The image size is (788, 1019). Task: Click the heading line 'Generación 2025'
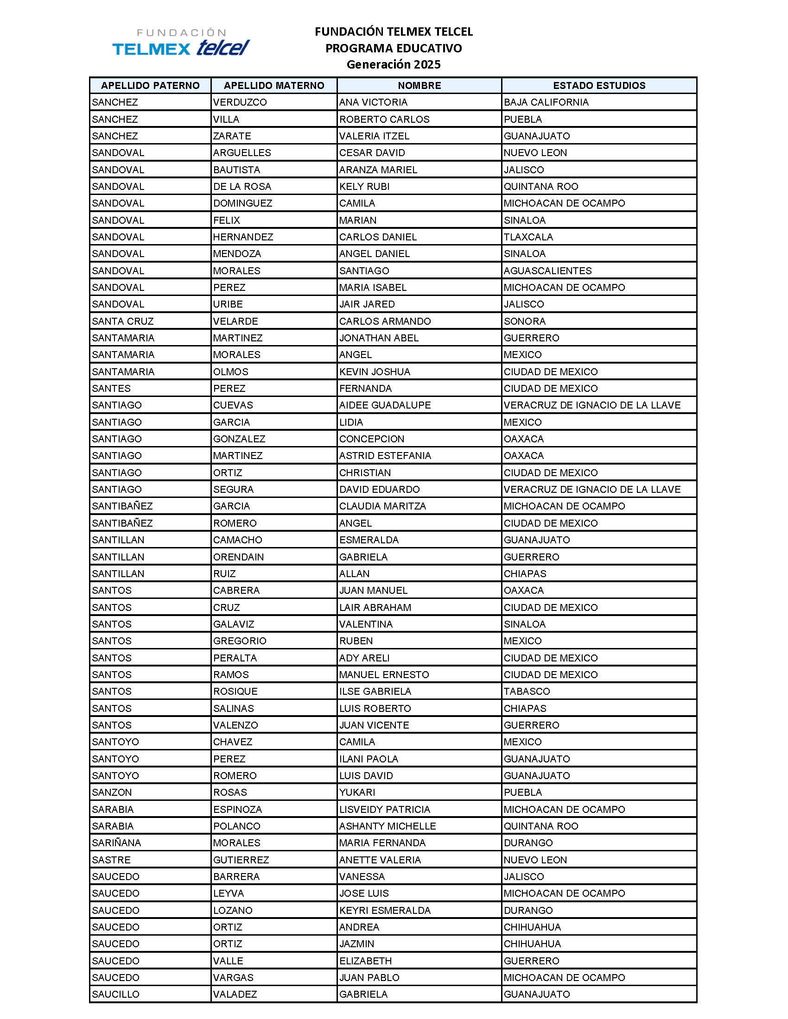(394, 64)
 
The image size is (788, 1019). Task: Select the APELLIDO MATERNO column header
(274, 85)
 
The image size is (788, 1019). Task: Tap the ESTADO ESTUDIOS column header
(599, 85)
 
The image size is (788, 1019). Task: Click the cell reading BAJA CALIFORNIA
(546, 102)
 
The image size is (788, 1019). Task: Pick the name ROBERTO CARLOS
(384, 119)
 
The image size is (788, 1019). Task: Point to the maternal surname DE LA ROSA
(242, 187)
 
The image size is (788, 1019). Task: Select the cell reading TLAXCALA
(528, 237)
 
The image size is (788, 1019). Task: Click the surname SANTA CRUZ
(123, 321)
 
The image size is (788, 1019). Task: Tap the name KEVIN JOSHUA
(375, 372)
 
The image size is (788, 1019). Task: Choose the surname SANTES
(111, 389)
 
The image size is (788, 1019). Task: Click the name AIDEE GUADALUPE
(385, 405)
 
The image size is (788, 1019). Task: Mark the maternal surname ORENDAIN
(239, 557)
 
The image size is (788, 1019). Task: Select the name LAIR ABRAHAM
(375, 608)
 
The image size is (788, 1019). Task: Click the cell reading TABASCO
(527, 692)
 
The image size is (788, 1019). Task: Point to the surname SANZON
(112, 792)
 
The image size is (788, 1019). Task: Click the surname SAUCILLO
(116, 994)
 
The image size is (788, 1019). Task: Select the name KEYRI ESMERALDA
(385, 910)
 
